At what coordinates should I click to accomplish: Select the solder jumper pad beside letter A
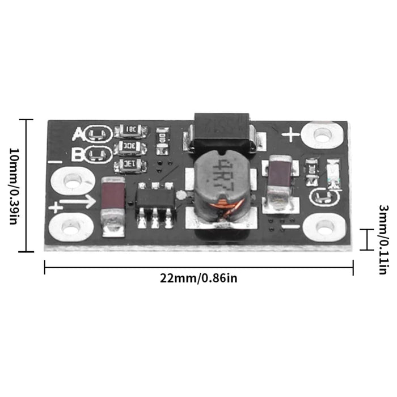tap(98, 134)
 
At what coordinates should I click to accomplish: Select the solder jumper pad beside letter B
tap(98, 154)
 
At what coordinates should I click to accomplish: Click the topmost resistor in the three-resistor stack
tap(130, 132)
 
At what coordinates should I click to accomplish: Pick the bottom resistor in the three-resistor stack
tap(130, 166)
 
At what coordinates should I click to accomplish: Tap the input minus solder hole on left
tap(72, 181)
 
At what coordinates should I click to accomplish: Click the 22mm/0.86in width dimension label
tap(198, 278)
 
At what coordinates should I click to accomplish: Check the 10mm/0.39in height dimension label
tap(13, 185)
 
